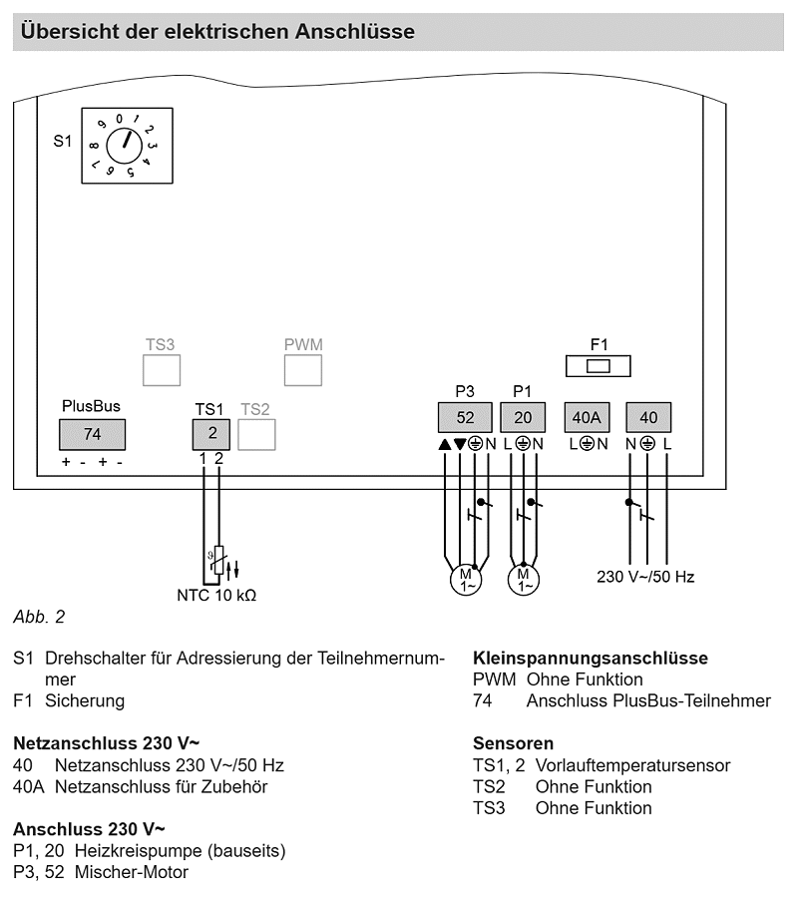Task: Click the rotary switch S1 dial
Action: coord(125,146)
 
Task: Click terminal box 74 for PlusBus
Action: coord(92,434)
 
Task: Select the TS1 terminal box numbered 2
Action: coord(211,434)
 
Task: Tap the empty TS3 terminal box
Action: coord(162,370)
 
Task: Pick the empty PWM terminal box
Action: coord(303,370)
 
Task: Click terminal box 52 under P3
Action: coord(465,417)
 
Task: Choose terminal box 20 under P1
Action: coord(523,417)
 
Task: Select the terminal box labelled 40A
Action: coord(587,417)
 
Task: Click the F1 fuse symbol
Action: coord(598,366)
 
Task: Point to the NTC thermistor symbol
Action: coord(217,560)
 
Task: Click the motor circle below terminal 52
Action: coord(466,579)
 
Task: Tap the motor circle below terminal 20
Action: coord(524,579)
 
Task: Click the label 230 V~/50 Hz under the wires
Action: coord(645,577)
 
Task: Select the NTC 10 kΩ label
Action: coord(216,596)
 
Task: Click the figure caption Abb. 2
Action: coord(39,617)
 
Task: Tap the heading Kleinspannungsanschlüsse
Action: coord(591,659)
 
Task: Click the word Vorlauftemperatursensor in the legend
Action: coord(632,765)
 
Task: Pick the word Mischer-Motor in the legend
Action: coord(131,872)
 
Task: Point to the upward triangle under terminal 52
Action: coord(445,444)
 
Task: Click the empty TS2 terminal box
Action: coord(256,434)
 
